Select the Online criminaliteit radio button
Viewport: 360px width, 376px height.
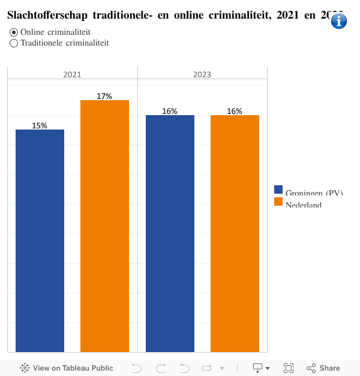[x=14, y=32]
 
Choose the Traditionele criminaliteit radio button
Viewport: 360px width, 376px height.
[x=14, y=43]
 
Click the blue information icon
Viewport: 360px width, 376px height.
[x=339, y=21]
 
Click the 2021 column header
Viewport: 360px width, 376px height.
[x=72, y=75]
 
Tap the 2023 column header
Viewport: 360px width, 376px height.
[x=202, y=75]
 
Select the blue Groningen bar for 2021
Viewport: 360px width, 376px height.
[x=40, y=240]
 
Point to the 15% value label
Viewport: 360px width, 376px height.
[x=40, y=125]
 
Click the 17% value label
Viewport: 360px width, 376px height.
[x=104, y=96]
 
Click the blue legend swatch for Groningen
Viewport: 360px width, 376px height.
[x=278, y=189]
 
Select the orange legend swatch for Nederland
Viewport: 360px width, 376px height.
[x=278, y=201]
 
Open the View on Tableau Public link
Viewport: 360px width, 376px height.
[x=67, y=368]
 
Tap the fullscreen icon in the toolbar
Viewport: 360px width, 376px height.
[x=288, y=368]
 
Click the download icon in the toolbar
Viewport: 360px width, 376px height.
[x=258, y=368]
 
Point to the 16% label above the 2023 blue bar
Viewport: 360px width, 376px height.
[x=170, y=111]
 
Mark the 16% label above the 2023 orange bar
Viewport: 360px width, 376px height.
[x=235, y=111]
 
